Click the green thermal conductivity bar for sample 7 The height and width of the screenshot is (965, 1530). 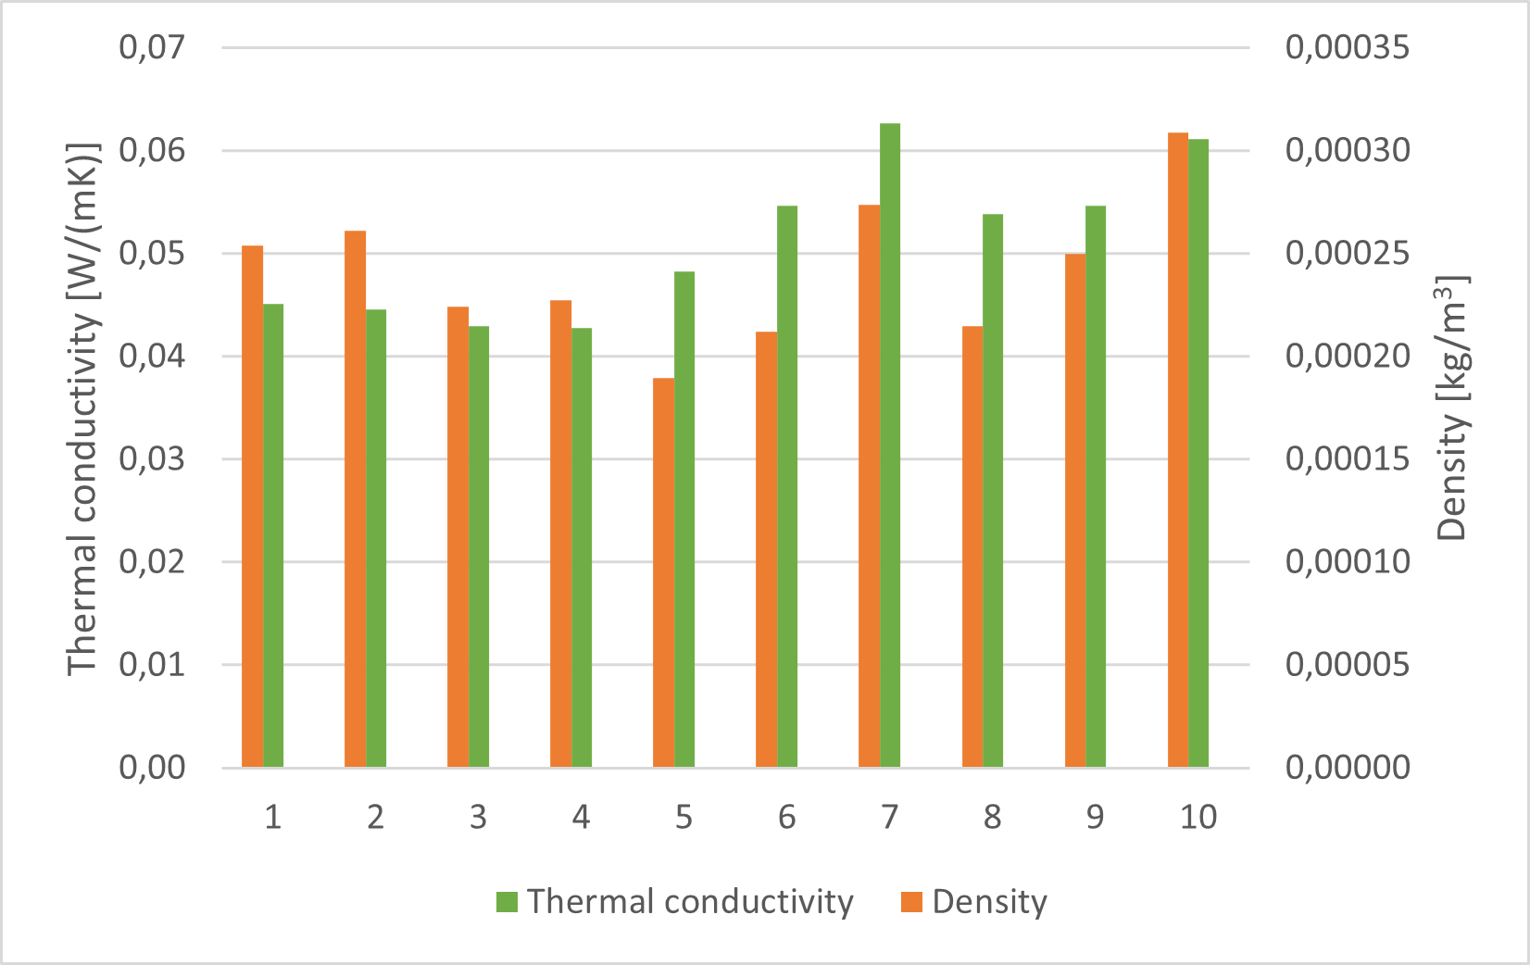pos(889,445)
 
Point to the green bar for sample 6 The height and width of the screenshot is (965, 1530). pos(787,486)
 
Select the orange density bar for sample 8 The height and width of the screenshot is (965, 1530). pos(972,546)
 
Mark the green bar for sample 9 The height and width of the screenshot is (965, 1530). pos(1096,486)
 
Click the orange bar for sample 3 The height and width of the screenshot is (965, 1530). pos(458,537)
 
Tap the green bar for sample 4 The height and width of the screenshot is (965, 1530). pos(582,547)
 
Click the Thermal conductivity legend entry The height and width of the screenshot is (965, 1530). pos(674,901)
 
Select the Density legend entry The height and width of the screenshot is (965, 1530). pos(974,901)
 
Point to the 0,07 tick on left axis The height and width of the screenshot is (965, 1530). pos(152,47)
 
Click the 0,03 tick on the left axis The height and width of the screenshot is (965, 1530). pos(152,458)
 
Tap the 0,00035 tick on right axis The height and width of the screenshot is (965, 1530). pos(1347,47)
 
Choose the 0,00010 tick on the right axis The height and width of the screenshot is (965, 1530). pos(1347,561)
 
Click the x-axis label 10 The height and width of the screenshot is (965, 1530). pos(1198,817)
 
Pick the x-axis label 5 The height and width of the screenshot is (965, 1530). pos(683,817)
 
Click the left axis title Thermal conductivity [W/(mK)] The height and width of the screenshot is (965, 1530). pos(83,407)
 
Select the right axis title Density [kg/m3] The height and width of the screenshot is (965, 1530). pos(1452,407)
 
